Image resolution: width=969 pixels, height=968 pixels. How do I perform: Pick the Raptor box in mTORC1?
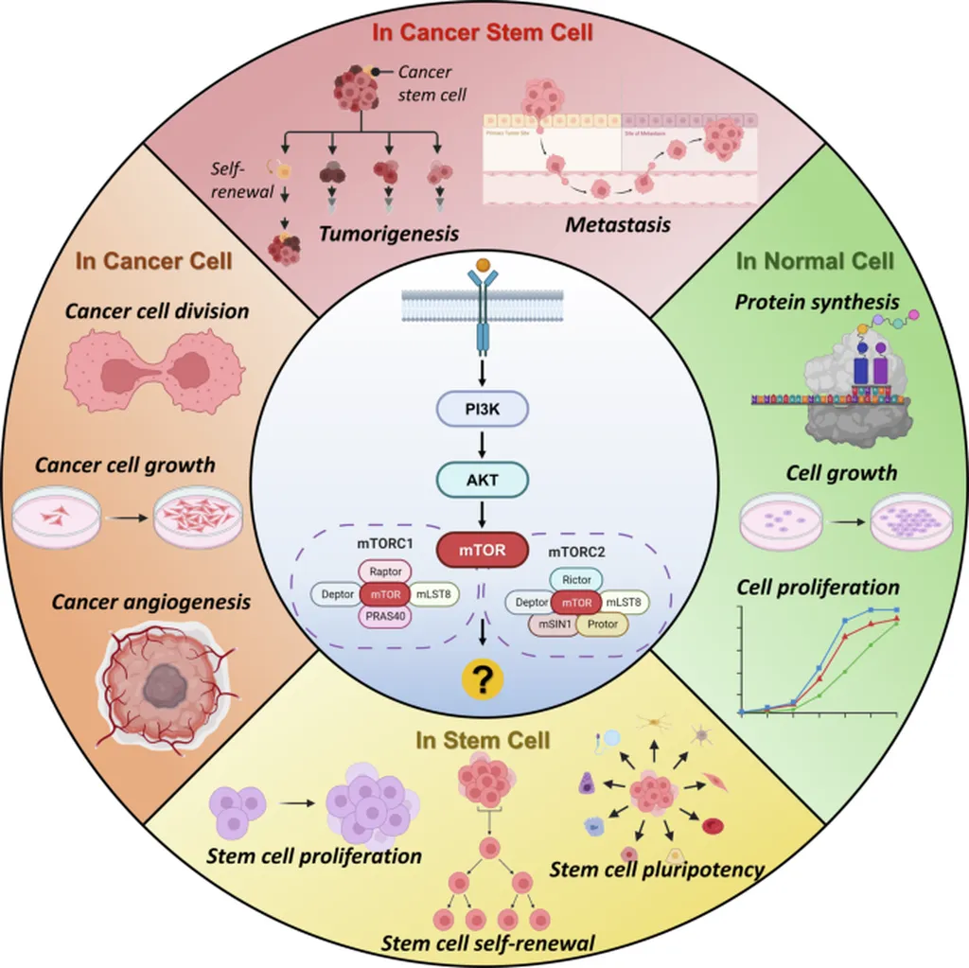(x=386, y=571)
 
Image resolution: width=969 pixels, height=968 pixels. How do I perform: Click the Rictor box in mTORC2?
(x=576, y=578)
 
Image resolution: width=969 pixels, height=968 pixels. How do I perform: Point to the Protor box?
(x=602, y=624)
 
